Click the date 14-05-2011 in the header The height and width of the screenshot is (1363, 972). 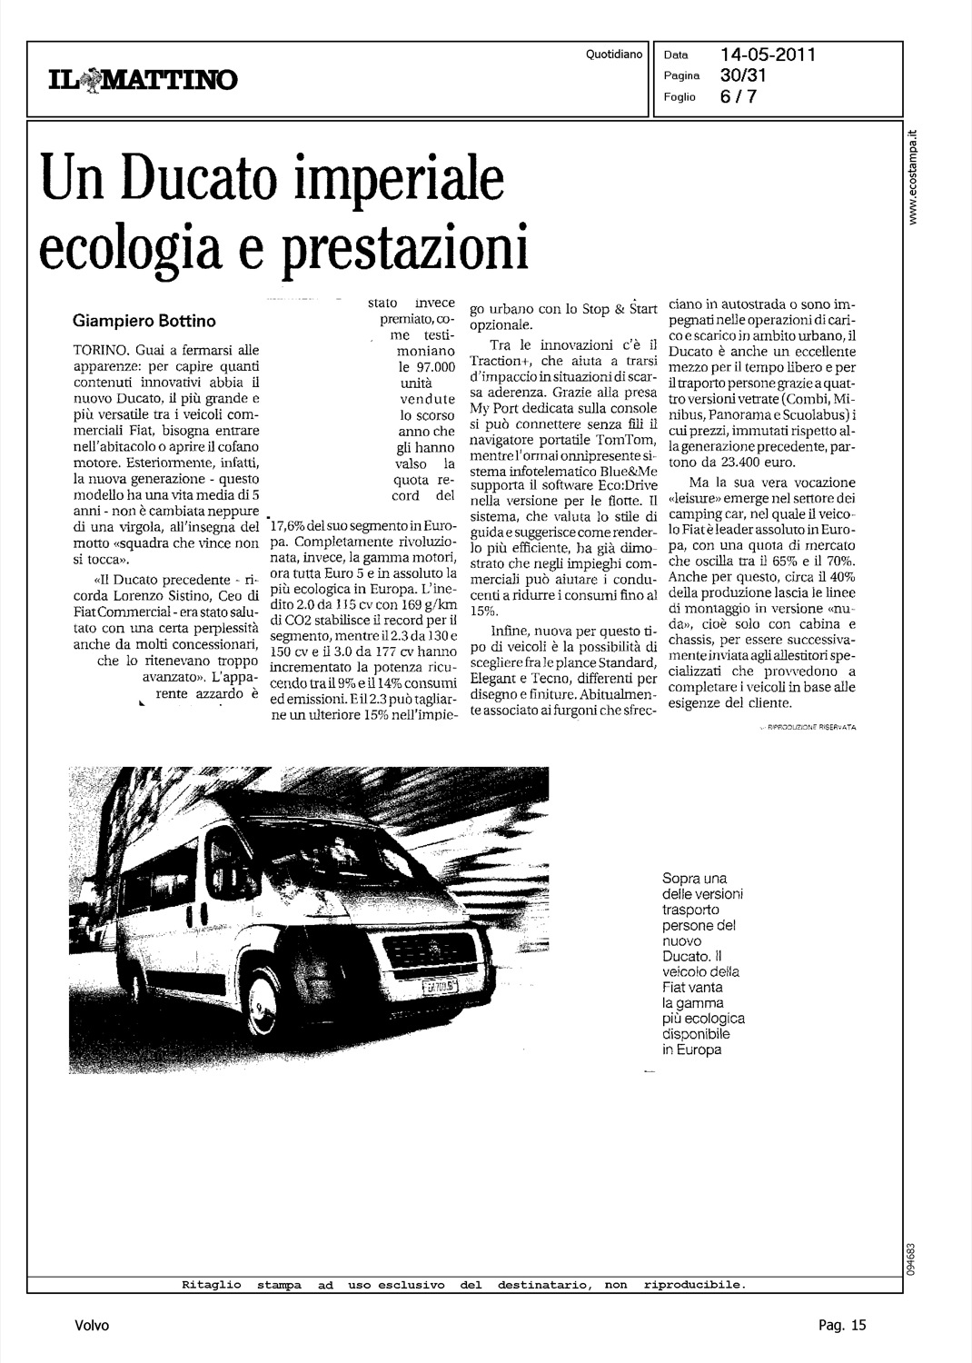click(x=768, y=55)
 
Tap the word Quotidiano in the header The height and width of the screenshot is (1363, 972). click(x=615, y=55)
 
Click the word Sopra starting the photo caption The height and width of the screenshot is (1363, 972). click(x=682, y=879)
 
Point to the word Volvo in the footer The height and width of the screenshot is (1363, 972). click(x=93, y=1326)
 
